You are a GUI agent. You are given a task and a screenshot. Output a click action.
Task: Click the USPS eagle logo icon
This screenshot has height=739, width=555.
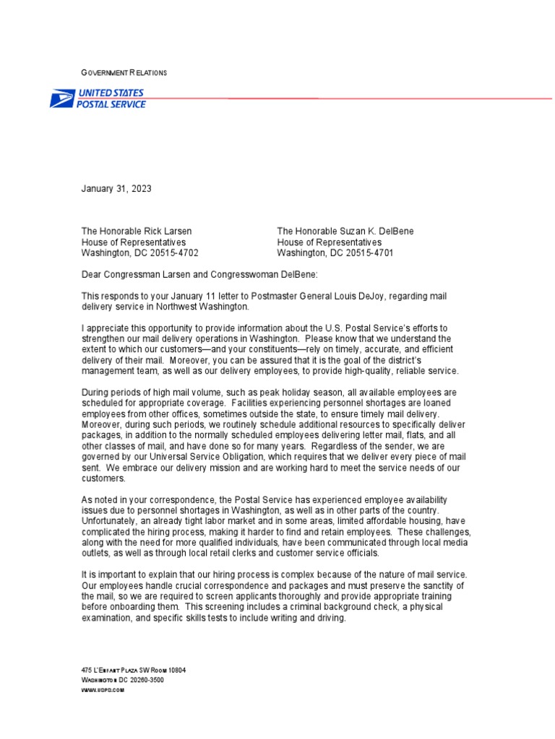62,99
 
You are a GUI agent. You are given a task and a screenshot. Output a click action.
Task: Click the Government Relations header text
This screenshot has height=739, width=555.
124,73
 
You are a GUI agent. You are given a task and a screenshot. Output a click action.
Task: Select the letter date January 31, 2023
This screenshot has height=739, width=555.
116,189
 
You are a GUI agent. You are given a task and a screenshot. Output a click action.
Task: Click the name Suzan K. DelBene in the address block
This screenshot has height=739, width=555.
372,232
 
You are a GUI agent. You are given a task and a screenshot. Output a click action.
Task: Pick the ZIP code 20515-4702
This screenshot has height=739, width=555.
171,253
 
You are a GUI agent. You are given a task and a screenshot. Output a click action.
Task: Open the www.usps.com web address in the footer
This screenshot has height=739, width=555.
103,690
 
